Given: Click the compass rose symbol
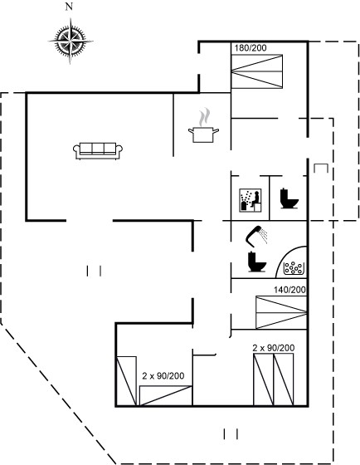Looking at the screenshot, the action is (71, 41).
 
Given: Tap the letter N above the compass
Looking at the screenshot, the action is (69, 7).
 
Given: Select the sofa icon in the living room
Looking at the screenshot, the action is (98, 151).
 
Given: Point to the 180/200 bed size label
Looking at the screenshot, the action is (251, 48).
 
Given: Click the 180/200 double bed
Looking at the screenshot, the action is (257, 71).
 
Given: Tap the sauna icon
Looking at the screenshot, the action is (251, 200).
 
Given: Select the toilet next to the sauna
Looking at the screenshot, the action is (289, 198).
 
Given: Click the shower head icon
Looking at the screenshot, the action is (256, 237).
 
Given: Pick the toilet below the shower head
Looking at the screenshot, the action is (256, 262).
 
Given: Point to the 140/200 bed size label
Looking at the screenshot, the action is (289, 290).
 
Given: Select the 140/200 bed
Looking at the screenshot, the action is (281, 312).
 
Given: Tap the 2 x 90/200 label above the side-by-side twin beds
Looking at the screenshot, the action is (274, 348).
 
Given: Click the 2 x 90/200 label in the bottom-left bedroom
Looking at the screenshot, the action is (163, 375).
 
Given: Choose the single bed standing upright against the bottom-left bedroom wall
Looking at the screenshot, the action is (127, 381).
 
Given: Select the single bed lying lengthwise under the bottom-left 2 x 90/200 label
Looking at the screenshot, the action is (166, 395).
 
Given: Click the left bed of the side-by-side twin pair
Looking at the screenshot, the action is (264, 379).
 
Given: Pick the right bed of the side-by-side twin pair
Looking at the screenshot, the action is (284, 379).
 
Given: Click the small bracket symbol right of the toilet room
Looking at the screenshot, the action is (321, 168).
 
